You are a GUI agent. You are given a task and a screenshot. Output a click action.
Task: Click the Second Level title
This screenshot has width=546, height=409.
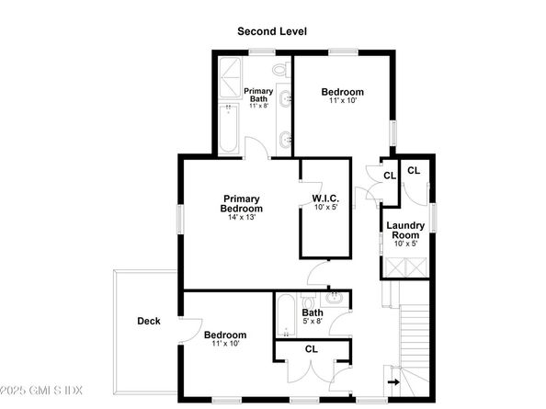click(x=272, y=31)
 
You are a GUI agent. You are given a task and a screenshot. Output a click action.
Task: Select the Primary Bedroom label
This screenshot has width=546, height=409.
click(x=241, y=203)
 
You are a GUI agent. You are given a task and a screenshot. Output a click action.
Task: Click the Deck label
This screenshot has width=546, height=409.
click(x=149, y=321)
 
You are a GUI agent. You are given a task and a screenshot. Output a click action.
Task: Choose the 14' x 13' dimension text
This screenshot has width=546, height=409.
click(x=241, y=218)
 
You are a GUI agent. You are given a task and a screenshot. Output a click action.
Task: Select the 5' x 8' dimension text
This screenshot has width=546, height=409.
click(x=313, y=322)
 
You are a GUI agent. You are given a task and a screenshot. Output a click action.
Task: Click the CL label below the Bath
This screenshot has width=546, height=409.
click(x=311, y=349)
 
